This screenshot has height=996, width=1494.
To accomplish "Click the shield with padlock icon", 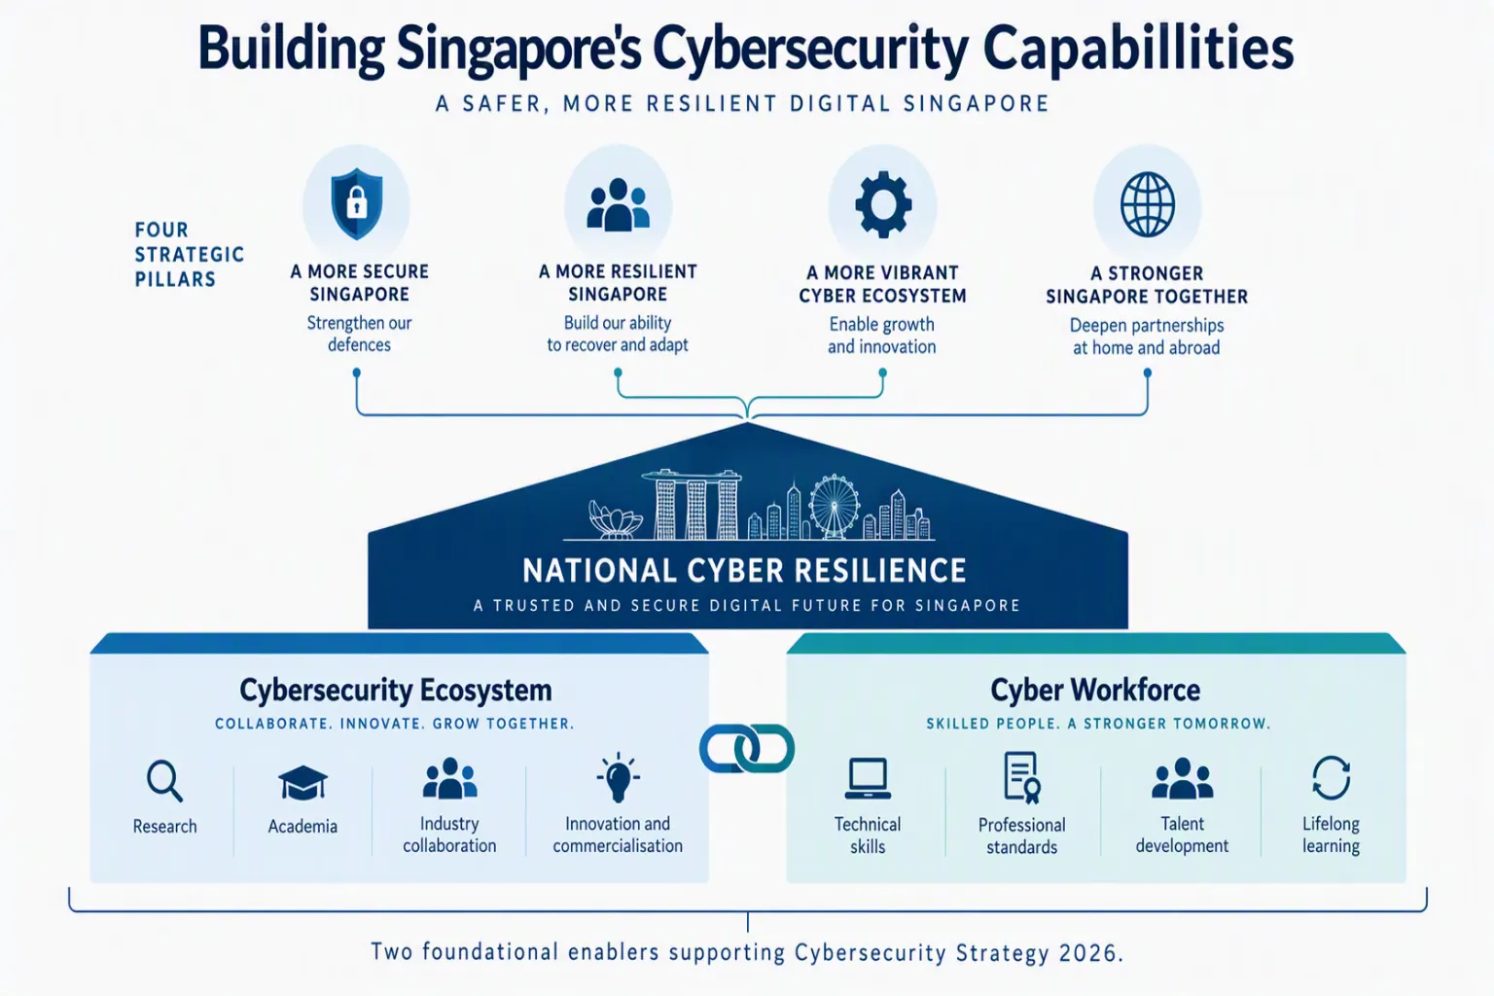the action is [357, 203].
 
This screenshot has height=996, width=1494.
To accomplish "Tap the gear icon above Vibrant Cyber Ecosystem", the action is [883, 205].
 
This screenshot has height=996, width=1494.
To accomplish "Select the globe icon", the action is [1147, 205].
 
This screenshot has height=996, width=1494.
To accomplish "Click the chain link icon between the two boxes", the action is [747, 749].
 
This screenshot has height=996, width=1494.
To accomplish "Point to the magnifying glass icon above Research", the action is [164, 780].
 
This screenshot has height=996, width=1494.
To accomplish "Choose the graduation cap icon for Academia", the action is [302, 783].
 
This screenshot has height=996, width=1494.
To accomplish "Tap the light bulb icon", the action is [618, 777].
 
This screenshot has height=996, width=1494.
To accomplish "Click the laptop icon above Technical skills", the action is [868, 778].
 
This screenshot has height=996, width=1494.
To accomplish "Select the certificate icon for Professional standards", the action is [1022, 778].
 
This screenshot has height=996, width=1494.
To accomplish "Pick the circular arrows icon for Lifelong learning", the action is [1331, 778].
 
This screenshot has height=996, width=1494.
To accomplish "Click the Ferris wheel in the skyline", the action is [835, 507].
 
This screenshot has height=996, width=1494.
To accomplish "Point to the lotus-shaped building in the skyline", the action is [615, 519].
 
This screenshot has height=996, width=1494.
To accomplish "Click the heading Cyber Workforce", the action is [1095, 690].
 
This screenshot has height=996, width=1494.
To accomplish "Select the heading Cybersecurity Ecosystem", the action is [396, 691].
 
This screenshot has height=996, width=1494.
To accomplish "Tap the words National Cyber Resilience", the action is [744, 570].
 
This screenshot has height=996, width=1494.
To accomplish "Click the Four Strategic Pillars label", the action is [190, 254].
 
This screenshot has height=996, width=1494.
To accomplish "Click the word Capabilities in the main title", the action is [1138, 49].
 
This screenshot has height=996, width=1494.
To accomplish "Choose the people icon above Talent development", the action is [1182, 778].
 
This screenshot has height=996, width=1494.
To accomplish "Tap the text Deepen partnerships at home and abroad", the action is [1147, 337].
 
